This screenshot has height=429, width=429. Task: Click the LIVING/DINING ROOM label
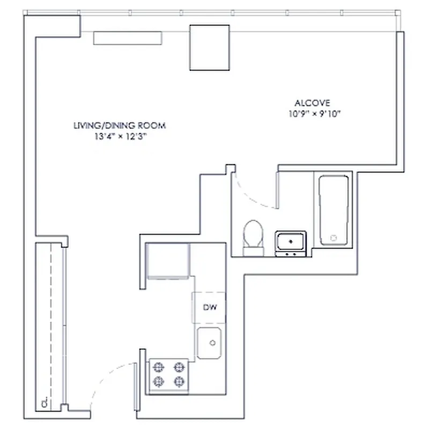(x=120, y=125)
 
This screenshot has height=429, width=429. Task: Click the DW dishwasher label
(x=209, y=307)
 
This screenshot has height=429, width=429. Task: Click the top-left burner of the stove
(x=158, y=367)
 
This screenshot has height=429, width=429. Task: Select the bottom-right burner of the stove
(x=179, y=381)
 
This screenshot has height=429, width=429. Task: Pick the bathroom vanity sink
(x=291, y=242)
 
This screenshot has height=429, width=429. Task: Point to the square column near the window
(x=210, y=47)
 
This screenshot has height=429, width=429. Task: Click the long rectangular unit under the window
(x=128, y=38)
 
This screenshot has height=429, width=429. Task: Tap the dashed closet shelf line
(x=51, y=322)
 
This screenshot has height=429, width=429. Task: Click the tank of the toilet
(x=253, y=251)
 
